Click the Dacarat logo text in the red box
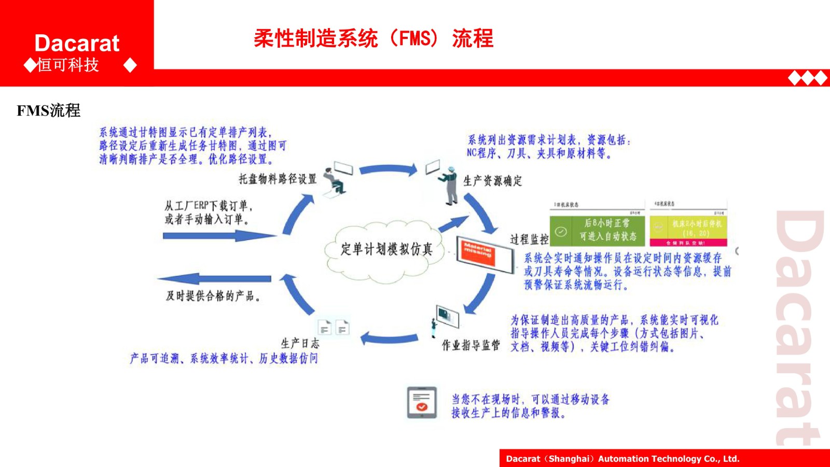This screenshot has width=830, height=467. [x=77, y=44]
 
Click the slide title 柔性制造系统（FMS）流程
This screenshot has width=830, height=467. [x=374, y=38]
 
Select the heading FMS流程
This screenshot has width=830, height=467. [x=48, y=110]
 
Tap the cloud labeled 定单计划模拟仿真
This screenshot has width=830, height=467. [x=386, y=249]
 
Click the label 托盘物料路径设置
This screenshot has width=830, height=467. [x=278, y=179]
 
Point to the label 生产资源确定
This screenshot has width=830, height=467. [x=492, y=181]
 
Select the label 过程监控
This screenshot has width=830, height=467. [x=529, y=239]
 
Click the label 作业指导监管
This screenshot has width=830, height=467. [x=471, y=345]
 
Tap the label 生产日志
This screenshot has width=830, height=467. [x=300, y=343]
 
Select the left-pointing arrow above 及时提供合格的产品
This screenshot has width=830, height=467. [x=215, y=279]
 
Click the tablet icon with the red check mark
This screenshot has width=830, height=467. [x=421, y=402]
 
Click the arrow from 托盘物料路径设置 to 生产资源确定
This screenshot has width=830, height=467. [x=388, y=169]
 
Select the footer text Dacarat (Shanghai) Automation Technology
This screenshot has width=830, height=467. [x=622, y=459]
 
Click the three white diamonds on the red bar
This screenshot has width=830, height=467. [x=807, y=78]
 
